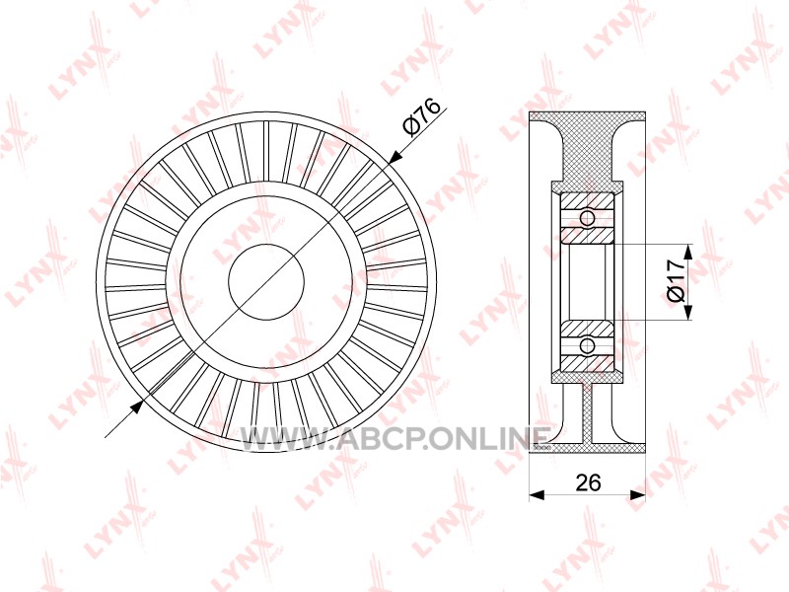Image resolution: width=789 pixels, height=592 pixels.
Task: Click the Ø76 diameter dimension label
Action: click(422, 117)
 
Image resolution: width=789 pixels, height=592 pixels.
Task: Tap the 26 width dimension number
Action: click(588, 482)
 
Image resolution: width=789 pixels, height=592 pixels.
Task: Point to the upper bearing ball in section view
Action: click(587, 218)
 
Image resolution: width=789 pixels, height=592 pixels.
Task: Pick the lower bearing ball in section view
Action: click(587, 346)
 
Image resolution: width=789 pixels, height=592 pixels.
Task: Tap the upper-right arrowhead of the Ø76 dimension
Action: click(395, 156)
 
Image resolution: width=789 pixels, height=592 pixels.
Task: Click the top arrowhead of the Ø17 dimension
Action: click(687, 251)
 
